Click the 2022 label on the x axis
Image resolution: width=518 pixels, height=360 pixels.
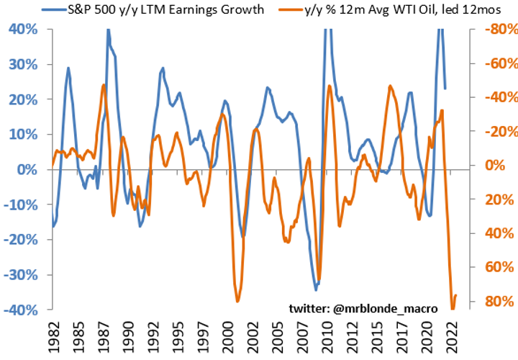(453, 333)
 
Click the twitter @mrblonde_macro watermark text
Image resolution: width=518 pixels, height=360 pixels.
(363, 307)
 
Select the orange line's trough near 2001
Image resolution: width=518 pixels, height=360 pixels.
(237, 301)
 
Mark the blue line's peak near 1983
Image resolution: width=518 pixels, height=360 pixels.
(68, 68)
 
